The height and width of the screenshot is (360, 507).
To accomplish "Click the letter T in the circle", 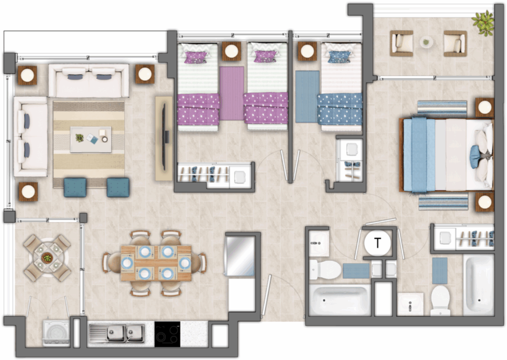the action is click(377, 242).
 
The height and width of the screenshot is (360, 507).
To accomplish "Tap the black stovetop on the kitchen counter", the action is click(167, 334).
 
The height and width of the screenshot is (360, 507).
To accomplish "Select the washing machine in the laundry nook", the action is click(56, 333).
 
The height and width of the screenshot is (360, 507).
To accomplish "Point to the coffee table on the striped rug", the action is click(91, 140).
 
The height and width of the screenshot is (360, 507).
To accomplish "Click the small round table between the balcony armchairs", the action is click(426, 42).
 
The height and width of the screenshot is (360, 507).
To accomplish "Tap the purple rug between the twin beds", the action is click(232, 93).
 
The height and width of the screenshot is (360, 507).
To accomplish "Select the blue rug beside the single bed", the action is click(307, 97).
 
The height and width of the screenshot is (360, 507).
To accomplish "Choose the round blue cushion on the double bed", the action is click(475, 157).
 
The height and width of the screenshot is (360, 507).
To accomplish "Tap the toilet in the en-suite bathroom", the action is click(440, 300).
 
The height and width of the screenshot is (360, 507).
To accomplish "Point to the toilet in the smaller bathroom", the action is click(325, 269).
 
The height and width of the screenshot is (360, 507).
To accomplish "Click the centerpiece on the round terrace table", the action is click(47, 258).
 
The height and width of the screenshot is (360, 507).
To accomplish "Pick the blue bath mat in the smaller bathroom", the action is click(356, 271).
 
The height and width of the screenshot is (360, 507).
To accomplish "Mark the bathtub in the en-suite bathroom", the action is click(479, 285).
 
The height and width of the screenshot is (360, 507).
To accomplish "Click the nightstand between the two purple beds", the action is click(232, 51).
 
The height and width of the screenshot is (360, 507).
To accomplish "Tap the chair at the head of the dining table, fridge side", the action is click(201, 263).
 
